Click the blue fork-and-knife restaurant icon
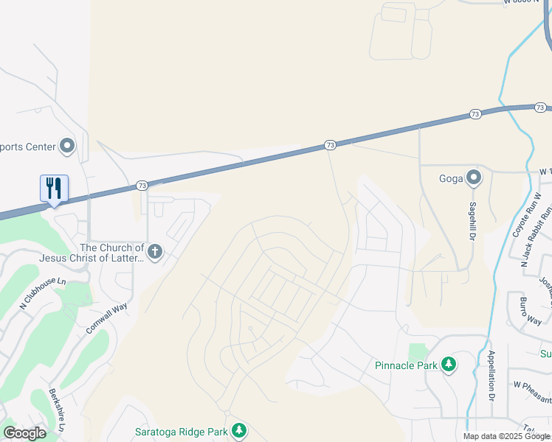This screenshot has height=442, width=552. coord(54,188)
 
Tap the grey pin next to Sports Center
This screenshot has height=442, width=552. coord(68,147)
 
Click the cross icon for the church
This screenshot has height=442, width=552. coord(154,253)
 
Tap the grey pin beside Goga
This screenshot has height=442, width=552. coord(473,178)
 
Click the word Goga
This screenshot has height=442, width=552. coord(450,178)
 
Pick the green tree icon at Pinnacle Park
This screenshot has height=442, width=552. coord(448,365)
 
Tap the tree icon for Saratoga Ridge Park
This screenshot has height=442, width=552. coord(238,430)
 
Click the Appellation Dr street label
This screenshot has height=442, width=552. coord(491,375)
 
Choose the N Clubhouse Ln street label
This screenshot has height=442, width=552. coord(44,292)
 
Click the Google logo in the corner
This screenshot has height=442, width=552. coord(25,433)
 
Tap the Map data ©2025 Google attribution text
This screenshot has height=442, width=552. coord(506,436)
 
